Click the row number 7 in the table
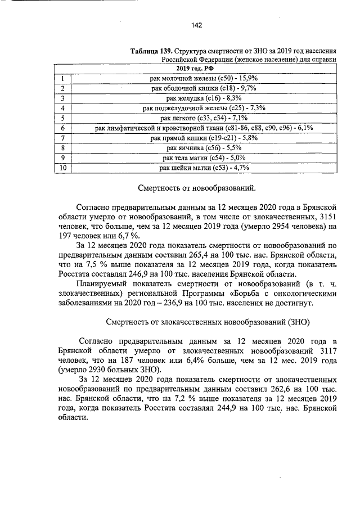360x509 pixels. (64, 138)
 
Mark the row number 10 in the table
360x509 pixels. (64, 168)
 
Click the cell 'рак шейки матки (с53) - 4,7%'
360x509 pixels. (204, 168)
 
